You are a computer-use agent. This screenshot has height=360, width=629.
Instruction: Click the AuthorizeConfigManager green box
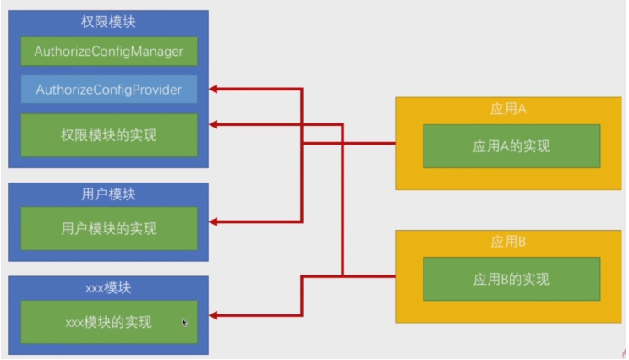click(x=108, y=52)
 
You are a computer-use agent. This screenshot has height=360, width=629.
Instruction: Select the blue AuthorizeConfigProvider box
click(x=108, y=89)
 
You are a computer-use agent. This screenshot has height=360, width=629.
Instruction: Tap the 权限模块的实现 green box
click(x=108, y=134)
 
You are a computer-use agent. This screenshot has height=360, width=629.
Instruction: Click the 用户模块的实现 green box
click(x=108, y=228)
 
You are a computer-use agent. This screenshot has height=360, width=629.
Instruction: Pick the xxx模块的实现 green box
click(x=108, y=322)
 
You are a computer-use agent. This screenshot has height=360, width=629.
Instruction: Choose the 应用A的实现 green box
click(x=511, y=145)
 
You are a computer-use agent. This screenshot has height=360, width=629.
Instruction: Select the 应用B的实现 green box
click(x=511, y=279)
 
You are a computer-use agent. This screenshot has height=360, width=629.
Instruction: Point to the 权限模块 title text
click(x=108, y=23)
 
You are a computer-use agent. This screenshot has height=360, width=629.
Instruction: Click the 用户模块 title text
click(x=108, y=194)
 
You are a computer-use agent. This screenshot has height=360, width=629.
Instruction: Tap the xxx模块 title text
click(x=108, y=288)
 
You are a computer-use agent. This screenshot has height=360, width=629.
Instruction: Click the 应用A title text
click(x=508, y=109)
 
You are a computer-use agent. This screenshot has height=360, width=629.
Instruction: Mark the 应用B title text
click(x=508, y=243)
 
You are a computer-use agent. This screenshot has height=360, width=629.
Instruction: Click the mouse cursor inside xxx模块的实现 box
click(x=184, y=321)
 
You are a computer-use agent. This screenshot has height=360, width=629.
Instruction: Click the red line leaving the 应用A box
click(x=372, y=144)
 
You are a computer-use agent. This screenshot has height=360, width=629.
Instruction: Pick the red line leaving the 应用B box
click(x=372, y=275)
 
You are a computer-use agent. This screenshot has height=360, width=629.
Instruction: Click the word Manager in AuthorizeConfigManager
click(x=156, y=52)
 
